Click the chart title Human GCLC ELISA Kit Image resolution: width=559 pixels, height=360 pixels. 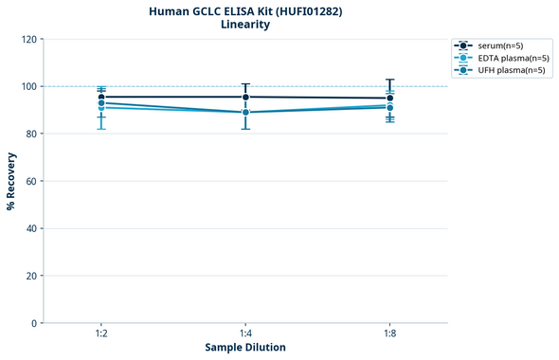tap(245, 10)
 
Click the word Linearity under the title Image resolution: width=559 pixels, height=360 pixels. tap(245, 25)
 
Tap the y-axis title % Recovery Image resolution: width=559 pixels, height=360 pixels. tap(11, 181)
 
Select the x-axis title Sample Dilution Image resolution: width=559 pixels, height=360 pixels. tap(245, 347)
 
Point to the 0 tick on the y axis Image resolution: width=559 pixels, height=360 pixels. tap(34, 323)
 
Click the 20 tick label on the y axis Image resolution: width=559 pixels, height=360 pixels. tap(31, 276)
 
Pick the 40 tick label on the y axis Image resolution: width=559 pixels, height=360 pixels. tap(31, 228)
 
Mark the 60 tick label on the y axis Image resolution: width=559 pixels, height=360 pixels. tap(31, 181)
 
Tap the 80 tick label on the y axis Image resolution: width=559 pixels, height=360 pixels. tap(31, 134)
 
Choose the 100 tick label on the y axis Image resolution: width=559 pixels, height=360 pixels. tap(28, 86)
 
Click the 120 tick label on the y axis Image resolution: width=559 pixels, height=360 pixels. tap(28, 39)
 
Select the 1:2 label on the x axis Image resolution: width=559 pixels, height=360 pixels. tap(101, 334)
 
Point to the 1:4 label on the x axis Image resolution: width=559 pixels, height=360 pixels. tap(245, 334)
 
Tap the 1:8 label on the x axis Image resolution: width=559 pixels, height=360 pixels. tap(389, 334)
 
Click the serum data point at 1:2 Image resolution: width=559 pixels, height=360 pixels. tap(101, 97)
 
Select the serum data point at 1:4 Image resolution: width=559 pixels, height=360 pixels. tap(245, 97)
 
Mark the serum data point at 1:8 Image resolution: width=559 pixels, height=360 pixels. tap(389, 98)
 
